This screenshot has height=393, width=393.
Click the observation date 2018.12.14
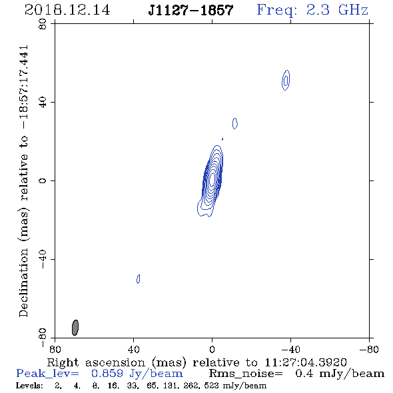(67, 10)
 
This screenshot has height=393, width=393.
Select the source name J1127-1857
(191, 10)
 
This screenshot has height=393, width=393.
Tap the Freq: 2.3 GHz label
(312, 10)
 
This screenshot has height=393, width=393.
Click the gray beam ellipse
(75, 327)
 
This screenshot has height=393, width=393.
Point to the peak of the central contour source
(212, 179)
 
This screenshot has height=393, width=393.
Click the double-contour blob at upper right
(286, 80)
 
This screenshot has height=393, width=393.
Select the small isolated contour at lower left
(138, 278)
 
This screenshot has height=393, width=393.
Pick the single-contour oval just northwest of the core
(235, 123)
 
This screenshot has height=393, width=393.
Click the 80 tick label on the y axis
(43, 24)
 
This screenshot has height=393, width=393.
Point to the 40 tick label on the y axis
(43, 103)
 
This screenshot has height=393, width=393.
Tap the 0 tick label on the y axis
(43, 181)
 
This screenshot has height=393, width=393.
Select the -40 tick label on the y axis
(43, 259)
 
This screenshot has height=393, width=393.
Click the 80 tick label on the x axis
(55, 349)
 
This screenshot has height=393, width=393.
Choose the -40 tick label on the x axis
(290, 349)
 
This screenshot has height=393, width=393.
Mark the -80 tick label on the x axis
(369, 349)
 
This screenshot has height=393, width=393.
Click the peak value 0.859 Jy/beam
(137, 374)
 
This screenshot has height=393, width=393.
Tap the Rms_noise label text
(246, 374)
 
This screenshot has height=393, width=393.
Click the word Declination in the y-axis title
(23, 282)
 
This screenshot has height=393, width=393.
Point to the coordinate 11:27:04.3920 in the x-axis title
(306, 362)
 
